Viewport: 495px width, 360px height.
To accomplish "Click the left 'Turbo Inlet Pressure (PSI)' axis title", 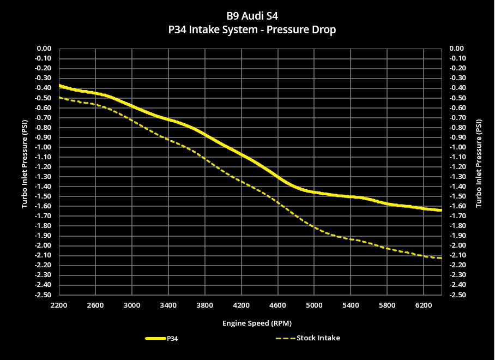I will (x=25, y=171).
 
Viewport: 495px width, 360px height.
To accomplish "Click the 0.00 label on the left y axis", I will (x=44, y=49).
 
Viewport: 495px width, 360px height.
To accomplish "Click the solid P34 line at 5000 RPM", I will (x=314, y=192).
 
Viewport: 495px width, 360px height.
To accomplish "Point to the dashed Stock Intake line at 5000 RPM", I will (x=314, y=226).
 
